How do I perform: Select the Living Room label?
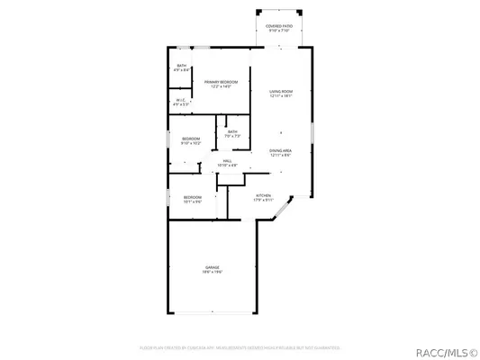tap(281, 91)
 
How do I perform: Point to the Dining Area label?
tap(281, 150)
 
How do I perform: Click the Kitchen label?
tap(263, 195)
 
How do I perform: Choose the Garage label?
tap(212, 267)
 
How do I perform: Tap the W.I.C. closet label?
tap(181, 100)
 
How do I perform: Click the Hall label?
tap(228, 161)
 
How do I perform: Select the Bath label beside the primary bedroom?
tap(181, 65)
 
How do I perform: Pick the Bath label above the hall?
tap(232, 132)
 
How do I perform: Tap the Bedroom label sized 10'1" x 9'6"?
tap(193, 197)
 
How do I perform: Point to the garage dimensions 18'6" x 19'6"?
tap(212, 273)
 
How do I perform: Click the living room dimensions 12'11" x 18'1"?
tap(281, 96)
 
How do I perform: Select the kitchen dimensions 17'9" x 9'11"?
tap(263, 201)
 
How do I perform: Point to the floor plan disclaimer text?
tap(239, 346)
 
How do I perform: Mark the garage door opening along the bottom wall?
tap(213, 314)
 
